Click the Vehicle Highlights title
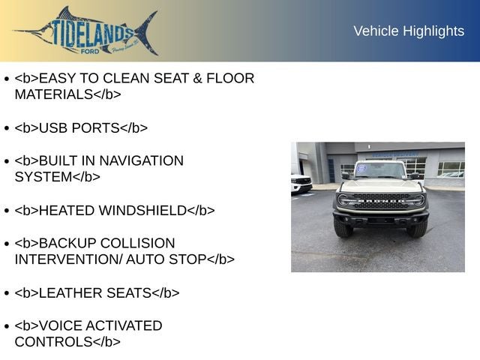coord(408,31)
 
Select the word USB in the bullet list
coord(53,127)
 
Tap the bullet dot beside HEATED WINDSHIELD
coord(6,211)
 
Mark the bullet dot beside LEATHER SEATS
coord(6,293)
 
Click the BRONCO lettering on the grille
coord(380,201)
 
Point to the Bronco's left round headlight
coord(344,201)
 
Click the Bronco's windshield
coord(380,171)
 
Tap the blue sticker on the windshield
coord(361,169)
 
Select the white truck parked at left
coord(301,183)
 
